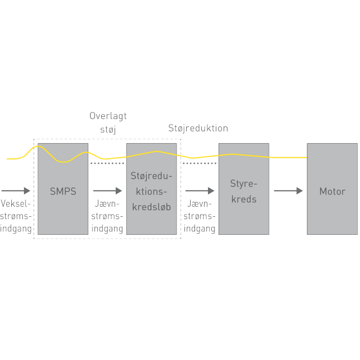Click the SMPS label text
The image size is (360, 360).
coord(63,191)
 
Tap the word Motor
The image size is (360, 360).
coord(332,191)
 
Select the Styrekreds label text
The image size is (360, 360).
coord(243,191)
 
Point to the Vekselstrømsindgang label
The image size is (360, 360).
coord(16,216)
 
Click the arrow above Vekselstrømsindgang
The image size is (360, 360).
coord(16,191)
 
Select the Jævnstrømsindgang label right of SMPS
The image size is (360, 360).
coord(107,216)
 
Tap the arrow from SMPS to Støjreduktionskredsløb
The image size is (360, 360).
coord(107,191)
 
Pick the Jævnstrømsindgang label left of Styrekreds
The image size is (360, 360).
coord(200,216)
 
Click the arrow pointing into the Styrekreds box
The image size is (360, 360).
coord(200,191)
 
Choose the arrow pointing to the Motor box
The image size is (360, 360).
coord(288,191)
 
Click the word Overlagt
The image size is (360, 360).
coord(108,116)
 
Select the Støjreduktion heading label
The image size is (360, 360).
coord(198,128)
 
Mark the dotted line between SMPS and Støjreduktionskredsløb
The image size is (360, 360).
coord(107,164)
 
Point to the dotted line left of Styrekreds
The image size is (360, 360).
coord(200,163)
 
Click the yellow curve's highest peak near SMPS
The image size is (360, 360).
coord(37,146)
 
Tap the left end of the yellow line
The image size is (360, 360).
coord(8,159)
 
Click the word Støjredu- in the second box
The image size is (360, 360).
coord(151,176)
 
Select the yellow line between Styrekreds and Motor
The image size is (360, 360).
coord(288,158)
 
